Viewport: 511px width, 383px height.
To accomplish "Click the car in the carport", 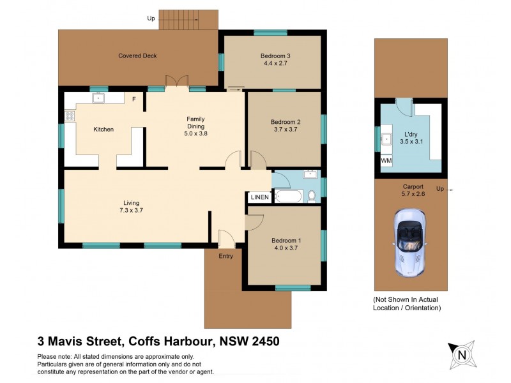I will point(410,243).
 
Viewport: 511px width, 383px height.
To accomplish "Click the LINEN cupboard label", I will point(259,197).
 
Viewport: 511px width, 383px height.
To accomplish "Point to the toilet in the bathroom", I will point(312,196).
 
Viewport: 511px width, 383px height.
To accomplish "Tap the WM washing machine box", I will point(386,161).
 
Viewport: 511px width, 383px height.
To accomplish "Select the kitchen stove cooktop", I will point(70,116).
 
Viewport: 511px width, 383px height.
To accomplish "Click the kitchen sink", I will point(99,98).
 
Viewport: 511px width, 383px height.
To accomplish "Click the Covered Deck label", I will point(137,56).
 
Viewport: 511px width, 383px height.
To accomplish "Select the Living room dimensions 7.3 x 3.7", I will point(131,211).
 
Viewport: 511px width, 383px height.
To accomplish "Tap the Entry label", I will point(225,256).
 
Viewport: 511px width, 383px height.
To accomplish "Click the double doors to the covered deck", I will point(177,82).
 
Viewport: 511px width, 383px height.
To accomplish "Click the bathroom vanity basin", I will point(311,174).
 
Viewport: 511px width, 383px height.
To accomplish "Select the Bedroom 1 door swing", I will point(254,222).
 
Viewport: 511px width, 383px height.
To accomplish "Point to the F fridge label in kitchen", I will point(133,99).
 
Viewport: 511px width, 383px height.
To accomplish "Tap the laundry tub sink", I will point(387,139).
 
